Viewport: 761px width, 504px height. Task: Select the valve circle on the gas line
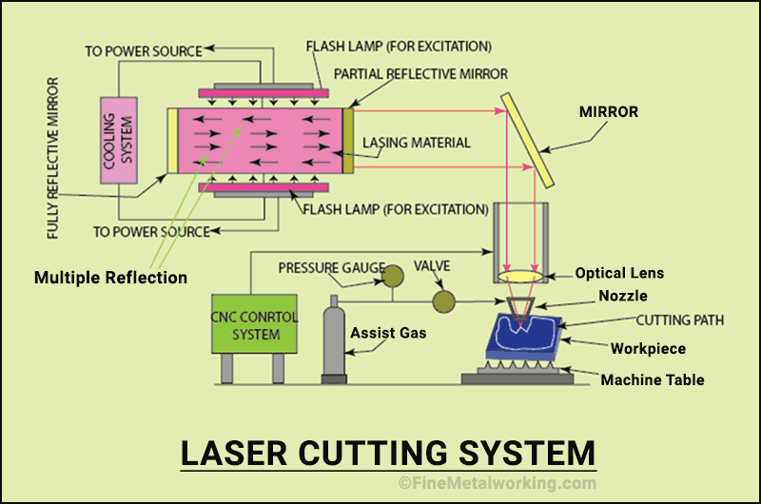click(x=442, y=302)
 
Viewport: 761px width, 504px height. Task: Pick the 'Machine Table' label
click(x=652, y=380)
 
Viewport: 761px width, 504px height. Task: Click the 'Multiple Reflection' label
click(x=110, y=278)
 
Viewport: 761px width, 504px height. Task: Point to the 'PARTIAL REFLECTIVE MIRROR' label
click(x=420, y=73)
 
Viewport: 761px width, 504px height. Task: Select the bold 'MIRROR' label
click(x=609, y=112)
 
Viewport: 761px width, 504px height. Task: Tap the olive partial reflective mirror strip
click(x=348, y=141)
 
